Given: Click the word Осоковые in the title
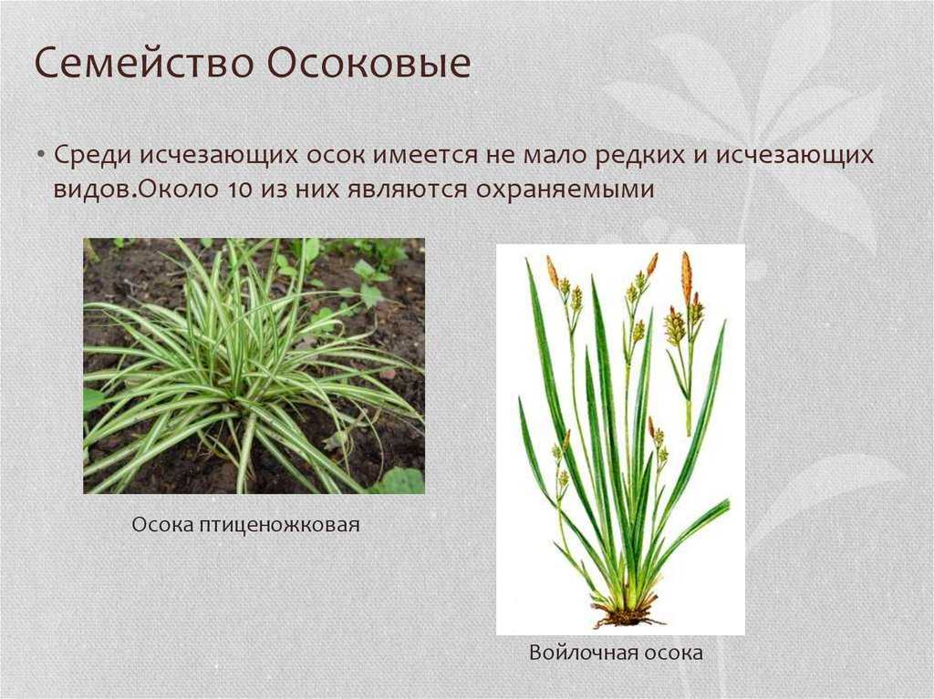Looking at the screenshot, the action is click(368, 62).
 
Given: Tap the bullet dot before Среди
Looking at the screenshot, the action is click(40, 155).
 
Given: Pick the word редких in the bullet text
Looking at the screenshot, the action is click(637, 155).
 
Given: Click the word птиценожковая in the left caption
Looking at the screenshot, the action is click(279, 525).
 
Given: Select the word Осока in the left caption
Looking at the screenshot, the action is click(162, 525).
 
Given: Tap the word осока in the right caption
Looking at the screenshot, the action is click(670, 653).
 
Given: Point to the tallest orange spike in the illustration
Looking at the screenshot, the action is click(687, 276).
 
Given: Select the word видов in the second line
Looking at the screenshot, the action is click(95, 190).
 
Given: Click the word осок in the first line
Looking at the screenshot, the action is click(336, 156).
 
